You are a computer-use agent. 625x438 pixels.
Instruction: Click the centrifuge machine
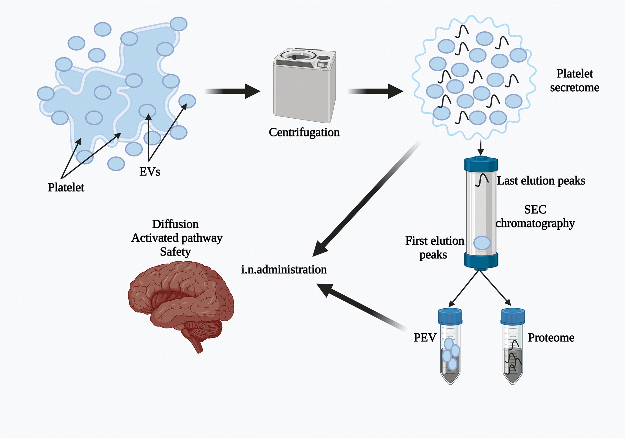[x=304, y=86]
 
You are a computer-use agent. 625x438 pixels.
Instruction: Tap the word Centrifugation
[x=304, y=132]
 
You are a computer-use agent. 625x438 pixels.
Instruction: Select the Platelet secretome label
[x=574, y=81]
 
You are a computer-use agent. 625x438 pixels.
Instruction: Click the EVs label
[x=150, y=172]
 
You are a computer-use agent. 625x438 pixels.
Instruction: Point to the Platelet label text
[x=66, y=187]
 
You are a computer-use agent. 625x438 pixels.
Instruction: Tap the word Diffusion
[x=175, y=224]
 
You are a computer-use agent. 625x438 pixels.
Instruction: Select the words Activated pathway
[x=177, y=238]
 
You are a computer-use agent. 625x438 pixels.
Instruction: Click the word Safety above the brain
[x=175, y=252]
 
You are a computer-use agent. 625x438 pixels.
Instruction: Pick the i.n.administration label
[x=284, y=269]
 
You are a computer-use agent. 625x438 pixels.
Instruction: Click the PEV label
[x=425, y=338]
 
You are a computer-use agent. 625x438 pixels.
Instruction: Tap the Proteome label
[x=551, y=338]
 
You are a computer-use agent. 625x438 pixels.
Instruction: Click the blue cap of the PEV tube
[x=450, y=316]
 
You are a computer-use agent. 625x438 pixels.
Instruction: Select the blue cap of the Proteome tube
[x=512, y=316]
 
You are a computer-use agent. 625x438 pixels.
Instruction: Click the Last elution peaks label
[x=541, y=181]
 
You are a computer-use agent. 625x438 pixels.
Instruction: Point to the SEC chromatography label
[x=535, y=216]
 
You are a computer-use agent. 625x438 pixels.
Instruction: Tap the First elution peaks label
[x=434, y=247]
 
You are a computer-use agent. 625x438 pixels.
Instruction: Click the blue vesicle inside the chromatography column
[x=482, y=243]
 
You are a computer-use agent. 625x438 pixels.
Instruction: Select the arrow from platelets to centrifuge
[x=233, y=91]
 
